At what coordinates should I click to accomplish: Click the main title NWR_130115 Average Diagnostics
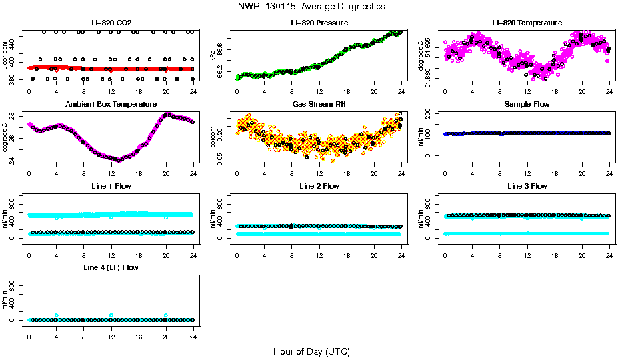(x=311, y=7)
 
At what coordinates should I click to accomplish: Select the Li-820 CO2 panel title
(x=111, y=23)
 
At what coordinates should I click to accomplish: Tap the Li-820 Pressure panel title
(x=319, y=23)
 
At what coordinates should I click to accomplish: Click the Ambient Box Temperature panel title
(x=111, y=105)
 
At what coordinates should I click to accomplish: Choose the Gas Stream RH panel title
(x=319, y=105)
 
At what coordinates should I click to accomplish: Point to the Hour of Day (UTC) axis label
(x=311, y=351)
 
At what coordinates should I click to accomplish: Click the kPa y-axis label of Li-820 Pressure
(x=213, y=55)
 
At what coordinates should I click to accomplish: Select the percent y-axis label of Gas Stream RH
(x=213, y=137)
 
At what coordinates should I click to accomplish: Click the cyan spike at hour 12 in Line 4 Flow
(x=111, y=315)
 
